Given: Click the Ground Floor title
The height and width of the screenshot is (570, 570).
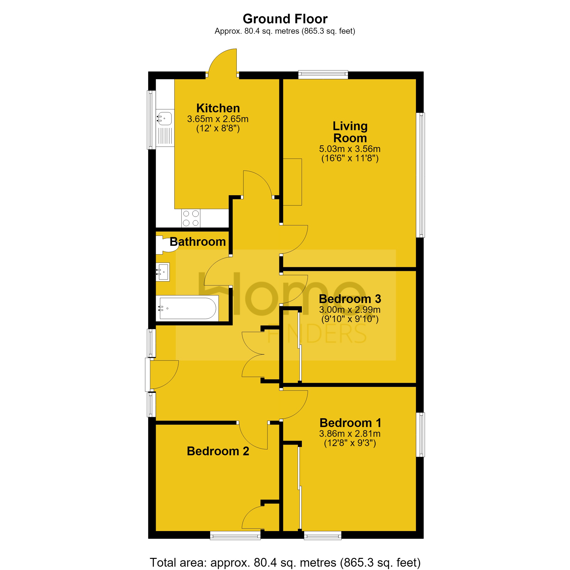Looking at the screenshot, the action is click(x=285, y=19).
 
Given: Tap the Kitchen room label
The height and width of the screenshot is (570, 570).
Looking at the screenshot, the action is click(x=218, y=108).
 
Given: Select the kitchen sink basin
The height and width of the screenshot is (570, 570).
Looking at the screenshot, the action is click(x=165, y=118).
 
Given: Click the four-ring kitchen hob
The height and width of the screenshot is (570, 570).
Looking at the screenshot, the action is click(x=190, y=218).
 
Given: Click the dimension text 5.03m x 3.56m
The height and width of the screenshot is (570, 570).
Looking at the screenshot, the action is click(x=350, y=149).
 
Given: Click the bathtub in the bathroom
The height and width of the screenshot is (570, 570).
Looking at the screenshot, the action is click(x=187, y=308).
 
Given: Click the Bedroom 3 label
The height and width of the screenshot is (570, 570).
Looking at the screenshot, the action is click(x=350, y=299).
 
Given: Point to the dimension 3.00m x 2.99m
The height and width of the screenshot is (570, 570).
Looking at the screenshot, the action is click(x=350, y=309).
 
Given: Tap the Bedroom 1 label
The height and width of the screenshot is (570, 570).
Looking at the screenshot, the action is click(x=350, y=423).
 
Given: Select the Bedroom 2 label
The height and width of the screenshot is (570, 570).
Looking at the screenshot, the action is click(x=218, y=451).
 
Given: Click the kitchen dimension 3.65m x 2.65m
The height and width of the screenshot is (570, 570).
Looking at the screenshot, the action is click(x=218, y=119).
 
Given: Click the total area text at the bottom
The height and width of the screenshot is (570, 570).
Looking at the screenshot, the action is click(x=285, y=562).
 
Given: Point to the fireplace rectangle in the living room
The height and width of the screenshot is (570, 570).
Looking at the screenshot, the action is click(x=292, y=182).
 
